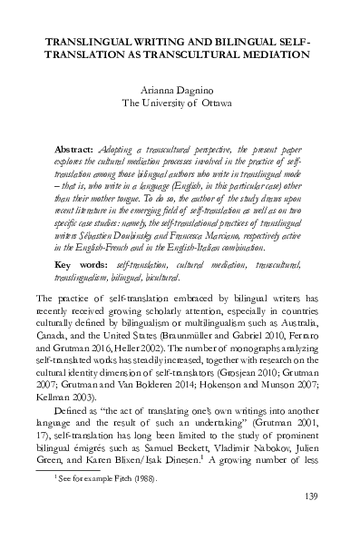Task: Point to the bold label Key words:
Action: click(x=82, y=238)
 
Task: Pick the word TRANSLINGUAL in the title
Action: click(x=91, y=41)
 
